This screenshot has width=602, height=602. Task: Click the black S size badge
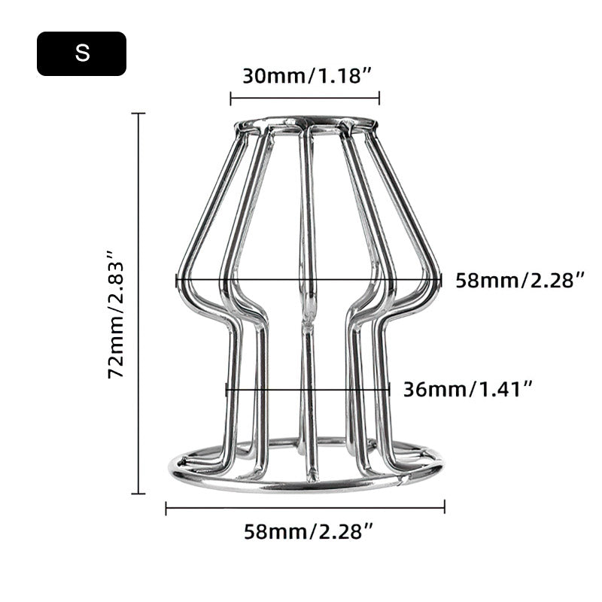coord(81,53)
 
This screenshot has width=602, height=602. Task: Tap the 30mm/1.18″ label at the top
coord(308,76)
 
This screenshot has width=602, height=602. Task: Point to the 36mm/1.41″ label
coord(468,389)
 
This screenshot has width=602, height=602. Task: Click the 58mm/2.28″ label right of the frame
coord(520,280)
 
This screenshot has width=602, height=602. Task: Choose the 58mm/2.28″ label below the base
coord(309,532)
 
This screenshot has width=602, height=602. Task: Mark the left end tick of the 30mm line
coord(230,99)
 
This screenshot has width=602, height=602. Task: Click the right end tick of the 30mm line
coord(379,99)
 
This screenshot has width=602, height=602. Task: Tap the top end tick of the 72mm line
coord(138,114)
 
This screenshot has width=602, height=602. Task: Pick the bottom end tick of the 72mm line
coord(138,494)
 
